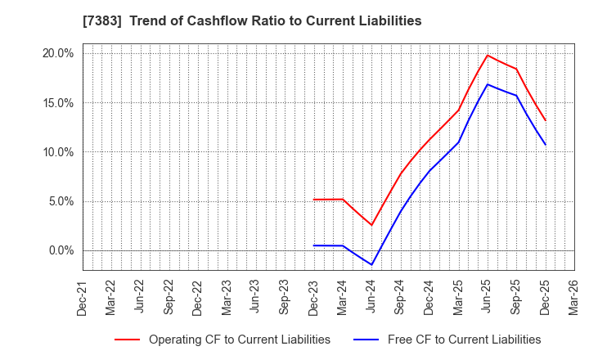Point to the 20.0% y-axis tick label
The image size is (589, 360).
coord(57,53)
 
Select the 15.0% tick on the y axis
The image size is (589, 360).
coord(57,103)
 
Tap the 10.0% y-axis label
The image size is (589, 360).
coord(57,152)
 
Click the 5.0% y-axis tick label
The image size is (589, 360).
coord(61,201)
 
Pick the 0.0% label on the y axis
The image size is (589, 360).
coord(61,250)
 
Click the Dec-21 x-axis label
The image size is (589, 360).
coord(83,298)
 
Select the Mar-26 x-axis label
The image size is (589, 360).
coord(574,298)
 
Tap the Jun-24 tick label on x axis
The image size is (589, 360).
coord(372,298)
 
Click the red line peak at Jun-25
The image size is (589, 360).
coord(488,55)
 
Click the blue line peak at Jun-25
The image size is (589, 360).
coord(488,84)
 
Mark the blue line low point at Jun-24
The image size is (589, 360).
coord(371,264)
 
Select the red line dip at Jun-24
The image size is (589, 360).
coord(371,225)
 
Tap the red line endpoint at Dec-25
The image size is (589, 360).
coord(545,120)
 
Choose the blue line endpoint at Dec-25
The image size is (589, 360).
coord(545,145)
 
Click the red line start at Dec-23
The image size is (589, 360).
coord(314,200)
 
